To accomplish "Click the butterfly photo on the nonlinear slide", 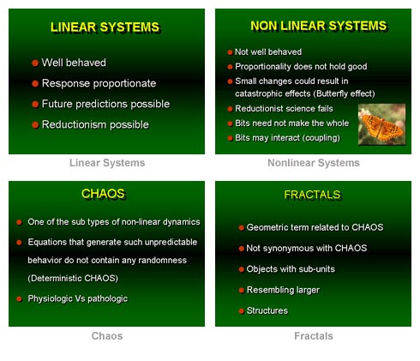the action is point(381,124).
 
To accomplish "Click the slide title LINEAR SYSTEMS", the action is point(105,27).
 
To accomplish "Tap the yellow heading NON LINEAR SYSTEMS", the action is point(319,26).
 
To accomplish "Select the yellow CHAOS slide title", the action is point(103,194).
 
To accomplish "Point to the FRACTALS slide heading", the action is point(312,195).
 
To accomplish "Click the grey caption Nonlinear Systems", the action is point(314,163).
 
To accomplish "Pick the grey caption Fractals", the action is point(314,336).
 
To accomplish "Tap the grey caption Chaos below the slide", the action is point(107,336).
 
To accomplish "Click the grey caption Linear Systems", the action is point(107,163).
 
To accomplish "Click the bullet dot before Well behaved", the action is point(35,63).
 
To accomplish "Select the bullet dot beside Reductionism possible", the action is point(35,125).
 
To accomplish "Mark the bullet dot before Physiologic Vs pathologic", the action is point(19,299).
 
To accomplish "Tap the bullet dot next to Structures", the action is point(242,311).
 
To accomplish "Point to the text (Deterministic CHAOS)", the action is point(73,278).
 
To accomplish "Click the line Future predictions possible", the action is point(105,104).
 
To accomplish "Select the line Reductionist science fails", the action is point(284,109).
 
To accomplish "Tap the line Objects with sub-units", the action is point(291,269).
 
